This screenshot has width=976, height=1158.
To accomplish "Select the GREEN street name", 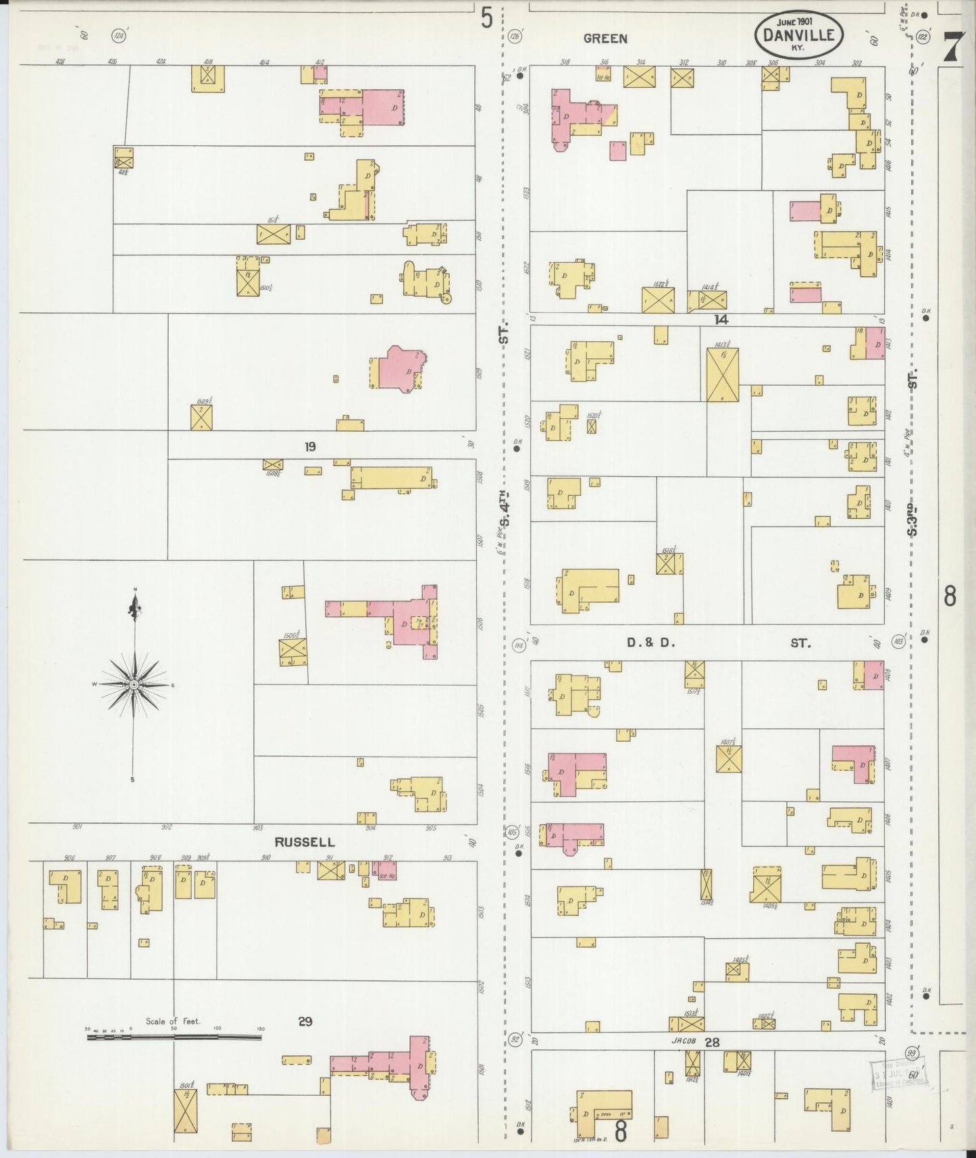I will (x=605, y=39).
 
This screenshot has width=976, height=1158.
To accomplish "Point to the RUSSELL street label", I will (x=304, y=842).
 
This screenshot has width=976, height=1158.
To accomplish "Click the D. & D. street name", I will (x=650, y=643).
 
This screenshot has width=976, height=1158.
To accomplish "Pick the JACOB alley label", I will (x=684, y=1041).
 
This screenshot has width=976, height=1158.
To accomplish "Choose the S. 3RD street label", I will (x=913, y=519).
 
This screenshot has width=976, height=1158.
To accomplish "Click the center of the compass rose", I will (x=134, y=685).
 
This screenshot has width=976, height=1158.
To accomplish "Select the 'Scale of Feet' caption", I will (x=173, y=1021).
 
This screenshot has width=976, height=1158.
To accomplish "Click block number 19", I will (x=309, y=447).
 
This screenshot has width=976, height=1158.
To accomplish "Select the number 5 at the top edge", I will (x=486, y=18).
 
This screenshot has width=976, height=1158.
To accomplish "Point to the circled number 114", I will (x=519, y=645).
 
